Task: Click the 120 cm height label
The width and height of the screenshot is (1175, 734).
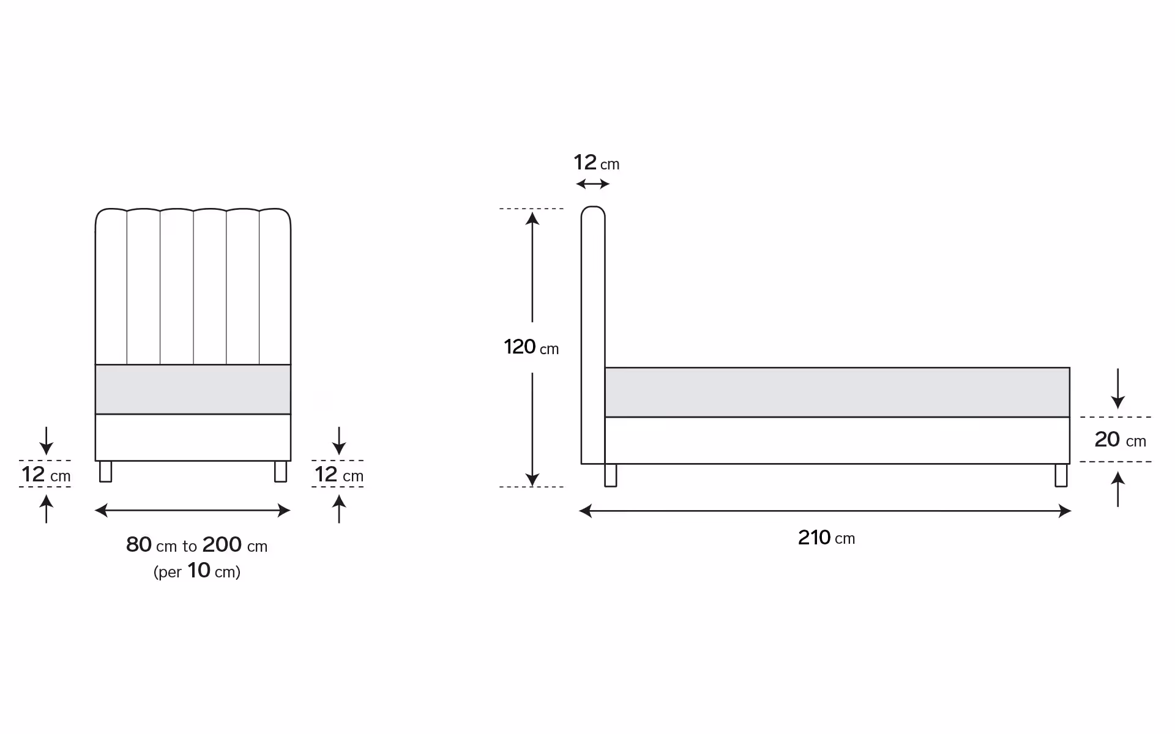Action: tap(531, 347)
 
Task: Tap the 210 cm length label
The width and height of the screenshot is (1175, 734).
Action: tap(826, 538)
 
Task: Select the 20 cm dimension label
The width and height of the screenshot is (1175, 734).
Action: tap(1120, 439)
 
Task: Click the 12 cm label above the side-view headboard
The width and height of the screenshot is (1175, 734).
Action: tap(597, 163)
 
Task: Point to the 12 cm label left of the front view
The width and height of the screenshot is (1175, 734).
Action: tap(46, 474)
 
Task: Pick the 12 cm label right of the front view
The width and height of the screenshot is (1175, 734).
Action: tap(339, 474)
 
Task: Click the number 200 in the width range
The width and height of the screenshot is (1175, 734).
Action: tap(222, 544)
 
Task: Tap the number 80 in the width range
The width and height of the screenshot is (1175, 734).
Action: tap(139, 544)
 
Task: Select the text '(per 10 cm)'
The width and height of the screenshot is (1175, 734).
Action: tap(197, 571)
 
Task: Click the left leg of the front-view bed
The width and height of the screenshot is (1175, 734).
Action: tap(105, 472)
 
